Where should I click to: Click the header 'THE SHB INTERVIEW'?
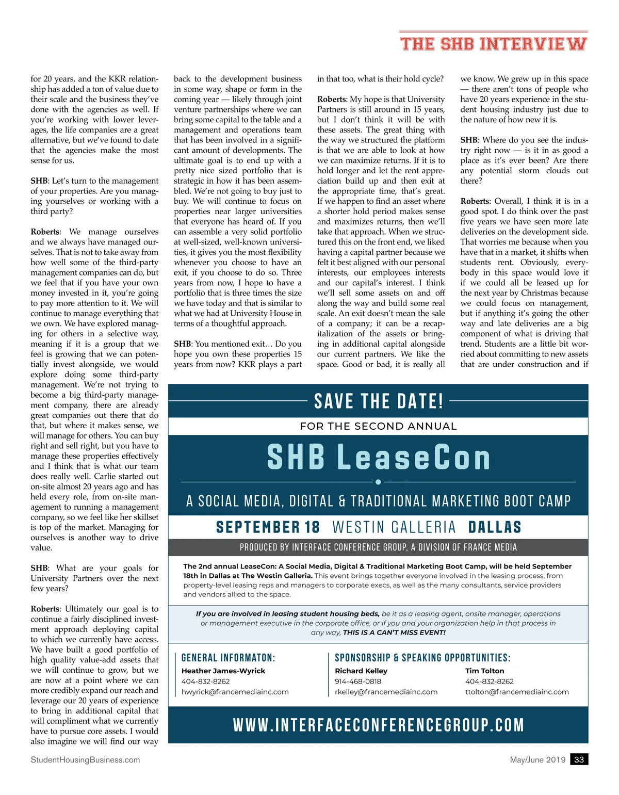(494, 44)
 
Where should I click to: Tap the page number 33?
(579, 759)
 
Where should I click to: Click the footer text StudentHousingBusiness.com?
(85, 759)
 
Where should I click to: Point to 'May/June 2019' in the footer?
(537, 759)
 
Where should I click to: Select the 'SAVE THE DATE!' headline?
(379, 401)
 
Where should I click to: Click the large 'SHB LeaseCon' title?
(379, 457)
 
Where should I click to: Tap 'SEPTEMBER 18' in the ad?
(268, 527)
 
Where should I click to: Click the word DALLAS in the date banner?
(495, 527)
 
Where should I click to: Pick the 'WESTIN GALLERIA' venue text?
(394, 527)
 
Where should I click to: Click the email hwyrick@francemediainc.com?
(235, 692)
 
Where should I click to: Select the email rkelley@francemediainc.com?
(386, 692)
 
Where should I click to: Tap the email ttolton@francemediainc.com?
(517, 692)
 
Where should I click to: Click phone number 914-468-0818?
(358, 682)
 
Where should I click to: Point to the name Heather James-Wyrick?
(223, 671)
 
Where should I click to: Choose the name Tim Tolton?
(484, 671)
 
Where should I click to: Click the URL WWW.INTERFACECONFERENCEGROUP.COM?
(379, 725)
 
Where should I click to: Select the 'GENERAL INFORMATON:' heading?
(228, 658)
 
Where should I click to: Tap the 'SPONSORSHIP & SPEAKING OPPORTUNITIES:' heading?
(422, 658)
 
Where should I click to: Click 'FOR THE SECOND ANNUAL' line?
(379, 426)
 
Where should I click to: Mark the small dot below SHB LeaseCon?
(378, 482)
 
